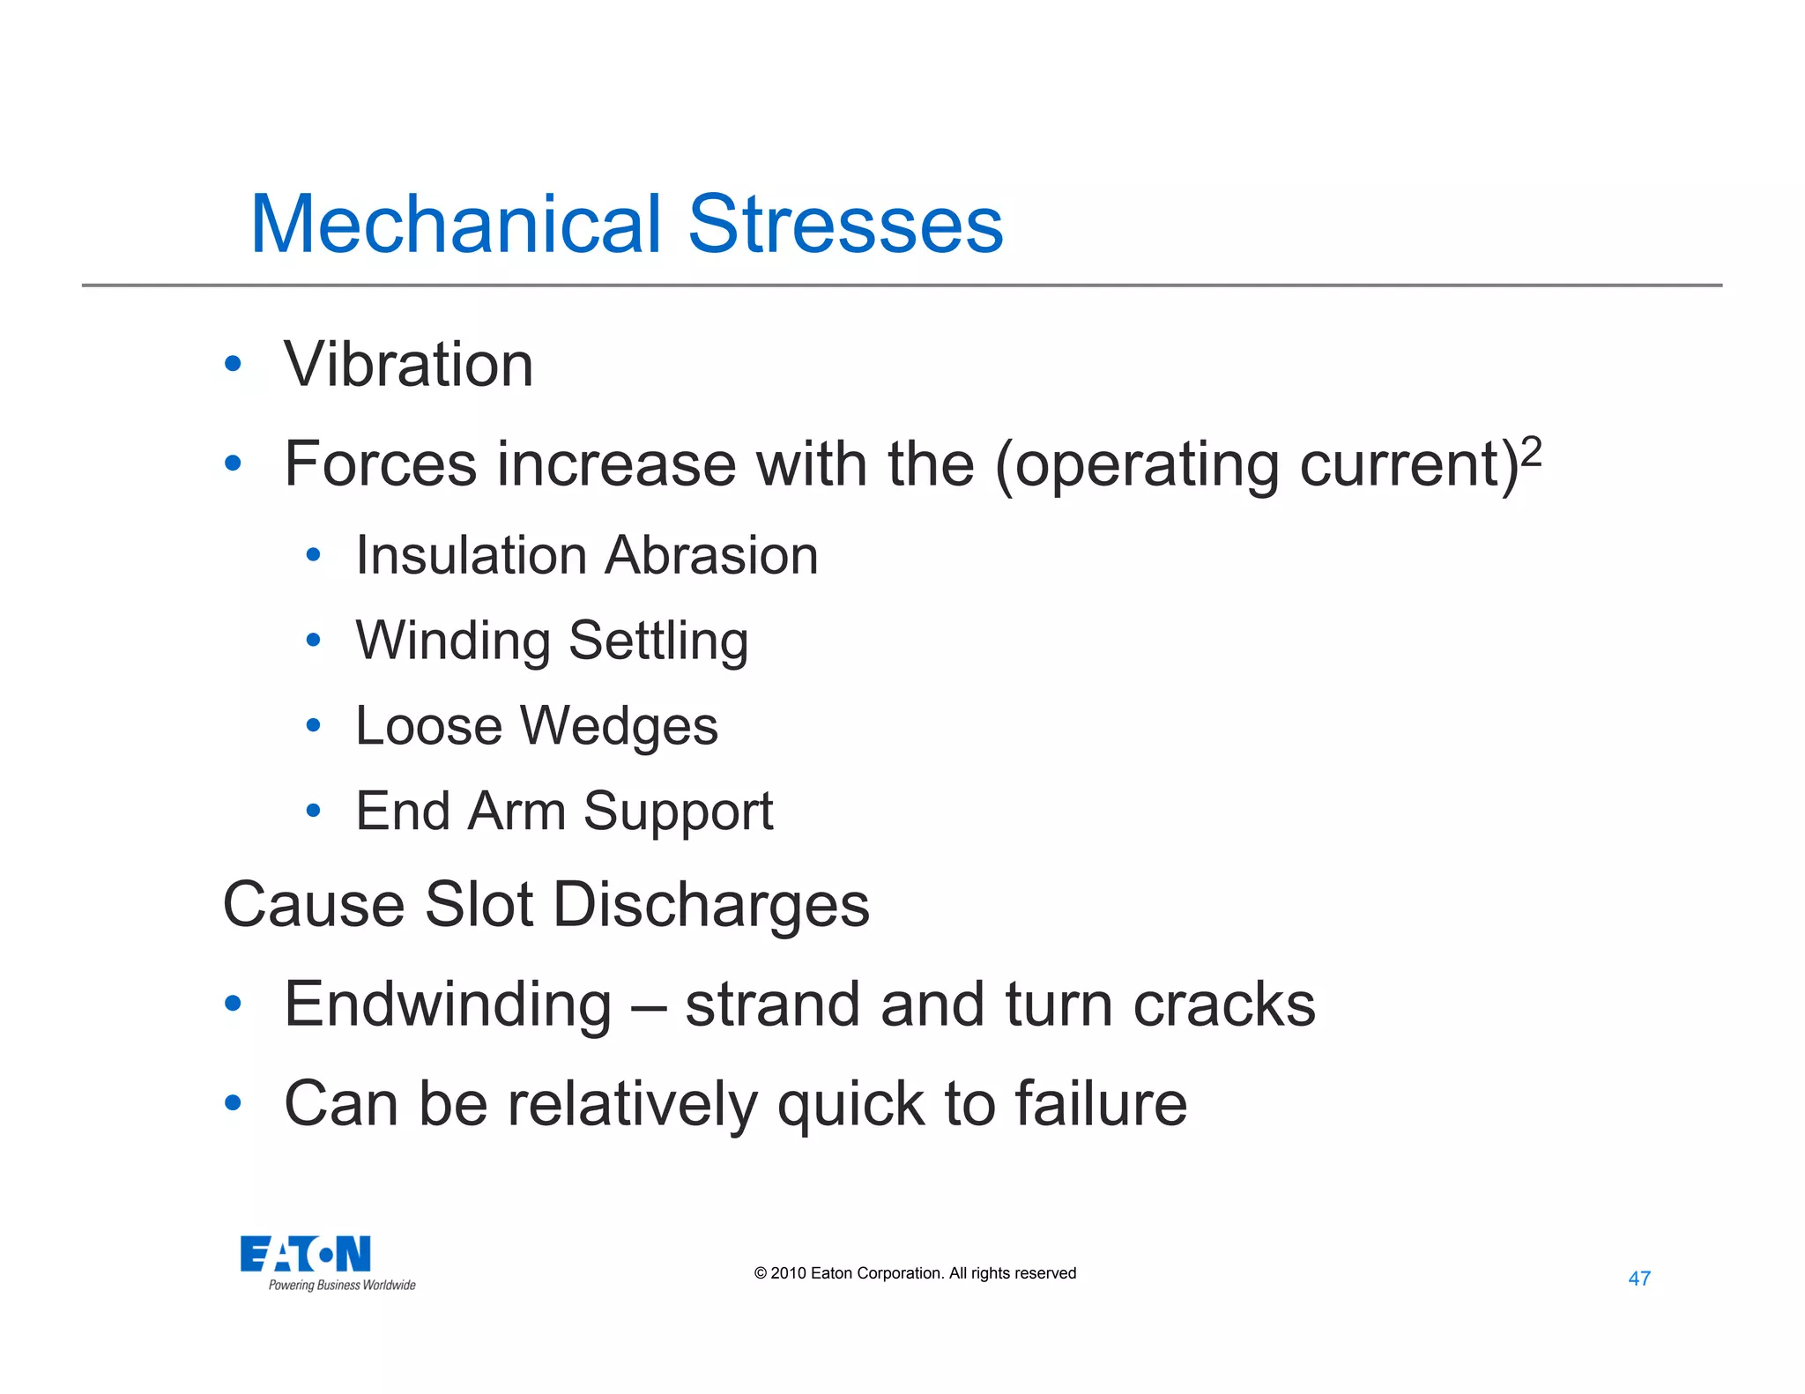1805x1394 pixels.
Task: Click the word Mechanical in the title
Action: point(456,225)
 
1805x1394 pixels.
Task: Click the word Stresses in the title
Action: point(845,225)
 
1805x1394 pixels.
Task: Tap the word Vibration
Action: point(409,365)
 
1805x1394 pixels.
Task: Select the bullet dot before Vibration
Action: point(233,363)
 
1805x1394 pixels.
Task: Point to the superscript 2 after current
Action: point(1532,452)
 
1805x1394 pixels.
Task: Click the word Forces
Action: point(379,464)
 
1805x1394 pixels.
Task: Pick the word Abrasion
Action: point(712,556)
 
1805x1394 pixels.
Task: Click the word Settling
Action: point(658,641)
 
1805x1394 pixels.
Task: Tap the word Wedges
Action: point(619,726)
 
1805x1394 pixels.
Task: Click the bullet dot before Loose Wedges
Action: point(313,725)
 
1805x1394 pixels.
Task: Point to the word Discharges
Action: point(711,905)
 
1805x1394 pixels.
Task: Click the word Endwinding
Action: point(448,1005)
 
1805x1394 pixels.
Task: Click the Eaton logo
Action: point(305,1254)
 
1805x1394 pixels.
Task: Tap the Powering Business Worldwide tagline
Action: point(342,1286)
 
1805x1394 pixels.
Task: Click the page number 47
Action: point(1639,1279)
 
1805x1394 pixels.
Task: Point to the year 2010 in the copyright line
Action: point(788,1273)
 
